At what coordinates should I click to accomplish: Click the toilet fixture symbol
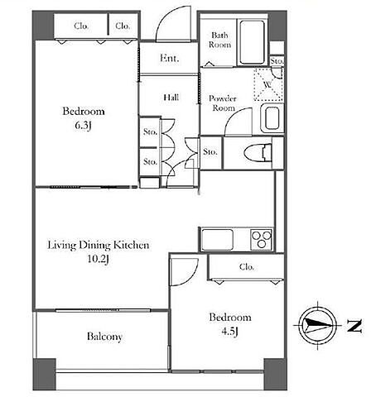tap(258, 152)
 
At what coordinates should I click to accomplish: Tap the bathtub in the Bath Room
tap(252, 42)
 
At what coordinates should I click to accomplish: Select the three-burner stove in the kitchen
tap(262, 239)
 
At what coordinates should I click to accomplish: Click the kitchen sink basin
tap(217, 240)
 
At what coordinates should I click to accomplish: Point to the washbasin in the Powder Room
tap(272, 118)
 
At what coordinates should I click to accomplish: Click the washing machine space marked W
tap(268, 84)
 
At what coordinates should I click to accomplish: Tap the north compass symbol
tap(318, 325)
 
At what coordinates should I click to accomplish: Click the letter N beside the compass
tap(354, 326)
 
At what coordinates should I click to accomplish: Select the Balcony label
tap(104, 337)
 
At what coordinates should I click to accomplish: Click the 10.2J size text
tap(99, 259)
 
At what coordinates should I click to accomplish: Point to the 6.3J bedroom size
tap(83, 126)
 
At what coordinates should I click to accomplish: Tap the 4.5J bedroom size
tap(229, 332)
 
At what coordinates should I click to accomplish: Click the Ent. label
tap(170, 58)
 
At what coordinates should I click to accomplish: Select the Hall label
tap(171, 98)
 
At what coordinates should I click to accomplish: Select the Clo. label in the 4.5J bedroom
tap(247, 267)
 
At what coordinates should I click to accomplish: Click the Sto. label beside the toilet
tap(210, 151)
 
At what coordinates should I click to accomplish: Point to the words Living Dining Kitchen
tap(99, 245)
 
